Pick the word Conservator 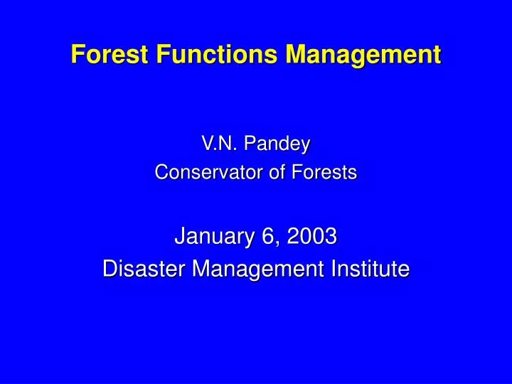coord(206,172)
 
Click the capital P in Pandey coord(249,144)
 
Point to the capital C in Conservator coord(161,172)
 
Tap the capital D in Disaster coord(109,269)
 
